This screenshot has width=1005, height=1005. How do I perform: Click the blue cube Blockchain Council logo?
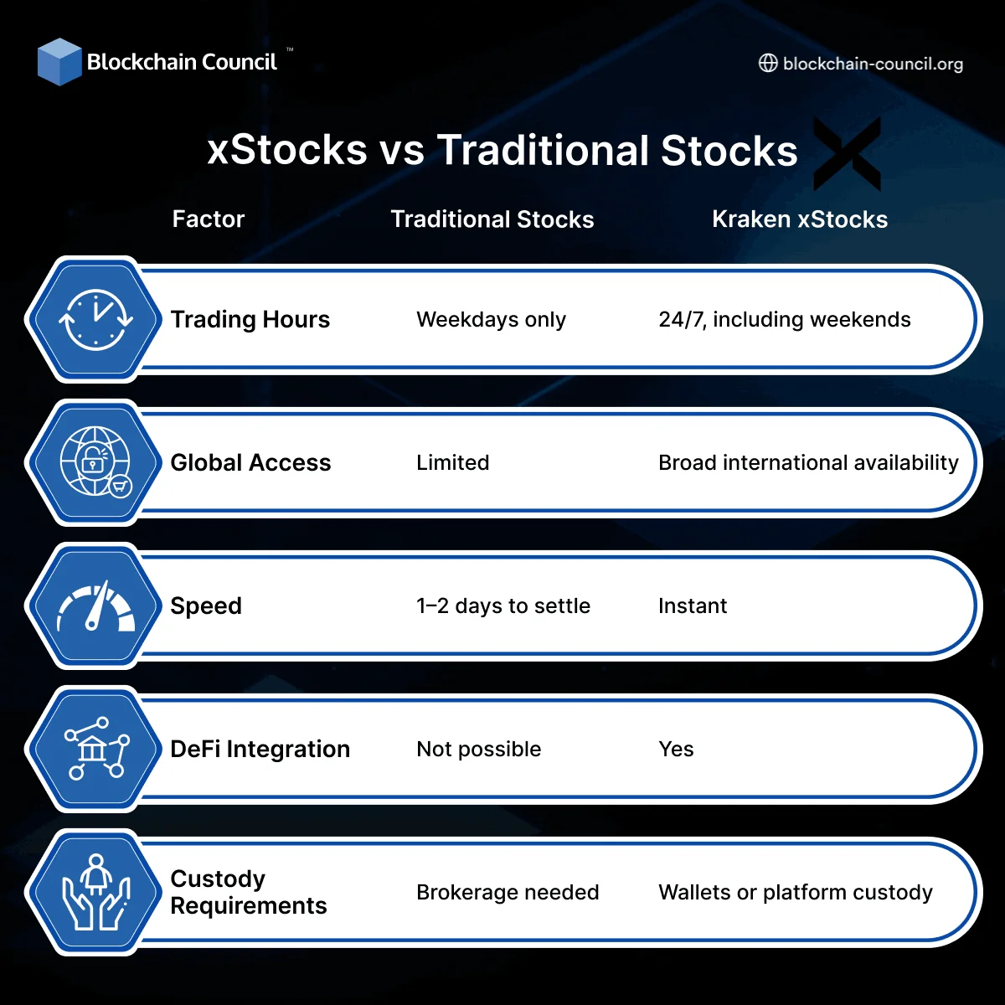[x=59, y=62]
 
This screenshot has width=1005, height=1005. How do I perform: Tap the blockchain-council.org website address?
[x=872, y=64]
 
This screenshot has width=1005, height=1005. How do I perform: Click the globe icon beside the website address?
[x=767, y=64]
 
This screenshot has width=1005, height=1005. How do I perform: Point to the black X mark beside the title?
[x=848, y=154]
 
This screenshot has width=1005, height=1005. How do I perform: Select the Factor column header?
[x=208, y=219]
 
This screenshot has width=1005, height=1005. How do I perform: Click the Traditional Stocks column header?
[x=492, y=219]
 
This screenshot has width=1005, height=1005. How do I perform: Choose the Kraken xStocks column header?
[x=799, y=219]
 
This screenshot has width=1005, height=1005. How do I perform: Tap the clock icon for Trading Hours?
[x=95, y=320]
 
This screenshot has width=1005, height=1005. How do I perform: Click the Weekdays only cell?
[x=491, y=320]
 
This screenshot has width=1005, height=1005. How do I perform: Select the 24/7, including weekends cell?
[x=784, y=320]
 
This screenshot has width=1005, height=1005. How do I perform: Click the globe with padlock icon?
[x=95, y=462]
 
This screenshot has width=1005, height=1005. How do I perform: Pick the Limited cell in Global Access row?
[x=452, y=463]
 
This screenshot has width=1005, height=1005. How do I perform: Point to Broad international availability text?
[x=807, y=463]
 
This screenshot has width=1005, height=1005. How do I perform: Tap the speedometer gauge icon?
[x=95, y=606]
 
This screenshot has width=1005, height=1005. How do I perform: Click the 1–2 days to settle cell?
[x=502, y=606]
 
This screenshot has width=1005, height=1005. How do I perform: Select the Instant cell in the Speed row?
[x=692, y=606]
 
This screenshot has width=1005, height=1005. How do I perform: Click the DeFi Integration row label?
[x=260, y=750]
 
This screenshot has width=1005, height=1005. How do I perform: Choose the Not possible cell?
[x=478, y=750]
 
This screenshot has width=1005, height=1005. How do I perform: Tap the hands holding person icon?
[x=95, y=893]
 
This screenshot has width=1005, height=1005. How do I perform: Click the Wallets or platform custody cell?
[x=795, y=893]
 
